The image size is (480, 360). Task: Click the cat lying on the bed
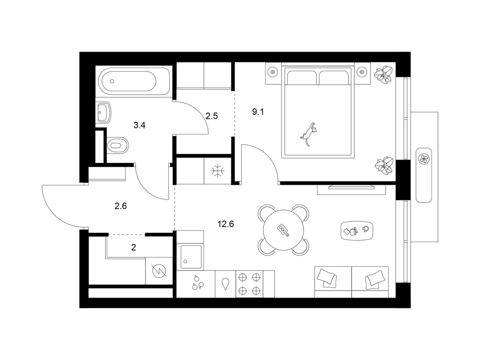coord(308,134)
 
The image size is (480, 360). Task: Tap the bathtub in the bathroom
coord(134,81)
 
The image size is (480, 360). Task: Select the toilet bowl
coord(118,145)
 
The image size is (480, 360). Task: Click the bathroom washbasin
coord(104,113)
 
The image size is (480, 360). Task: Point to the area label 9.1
coord(258,112)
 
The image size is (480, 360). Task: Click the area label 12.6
coord(226,224)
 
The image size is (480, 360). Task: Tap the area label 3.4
coord(140,125)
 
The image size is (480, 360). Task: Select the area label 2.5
coord(212,116)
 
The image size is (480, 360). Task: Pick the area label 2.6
coord(121,206)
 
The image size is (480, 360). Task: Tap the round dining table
coord(284,230)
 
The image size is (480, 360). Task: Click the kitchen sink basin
coord(191,257)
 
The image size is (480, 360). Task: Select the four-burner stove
coord(249,284)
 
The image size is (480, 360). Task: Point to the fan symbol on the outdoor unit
coord(424,158)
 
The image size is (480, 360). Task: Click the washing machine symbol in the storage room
coord(159,271)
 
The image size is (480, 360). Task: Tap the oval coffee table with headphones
coord(356,231)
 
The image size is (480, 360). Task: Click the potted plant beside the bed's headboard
coord(383,75)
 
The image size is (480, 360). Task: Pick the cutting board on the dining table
coord(283,230)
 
